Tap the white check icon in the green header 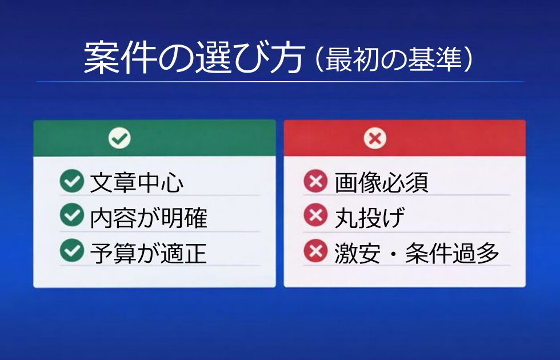[119, 138]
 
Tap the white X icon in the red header [375, 138]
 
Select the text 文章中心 [137, 182]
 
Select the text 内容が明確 [148, 218]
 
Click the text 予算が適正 [148, 253]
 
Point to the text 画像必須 [382, 182]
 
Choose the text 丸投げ [370, 218]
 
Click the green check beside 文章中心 [72, 181]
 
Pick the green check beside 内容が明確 [72, 215]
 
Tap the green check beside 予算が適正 [72, 250]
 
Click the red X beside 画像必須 [315, 181]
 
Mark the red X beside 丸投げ [315, 215]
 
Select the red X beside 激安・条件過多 [315, 250]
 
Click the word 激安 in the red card [358, 253]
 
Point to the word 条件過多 [452, 253]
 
